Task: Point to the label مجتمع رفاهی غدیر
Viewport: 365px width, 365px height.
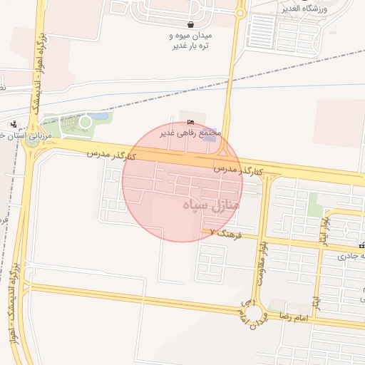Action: click(x=190, y=133)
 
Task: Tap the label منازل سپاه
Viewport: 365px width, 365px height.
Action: click(x=212, y=205)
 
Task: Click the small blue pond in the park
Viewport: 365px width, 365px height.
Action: click(x=101, y=115)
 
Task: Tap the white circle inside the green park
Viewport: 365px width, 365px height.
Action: click(x=85, y=122)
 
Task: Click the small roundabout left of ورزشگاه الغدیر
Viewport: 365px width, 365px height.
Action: click(x=240, y=14)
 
